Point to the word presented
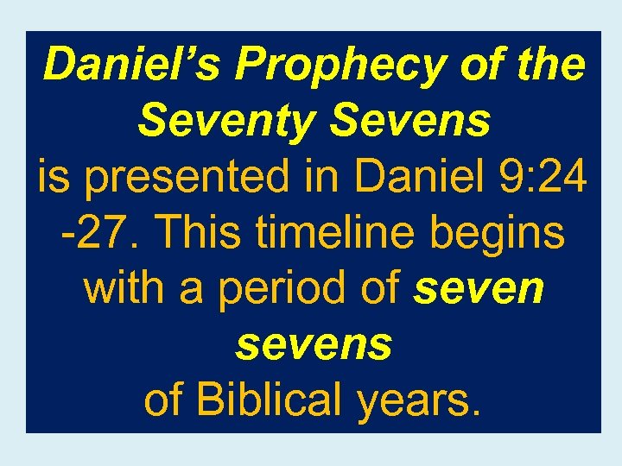point(211,177)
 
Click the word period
point(285,289)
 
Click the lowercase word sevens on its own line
point(314,345)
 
